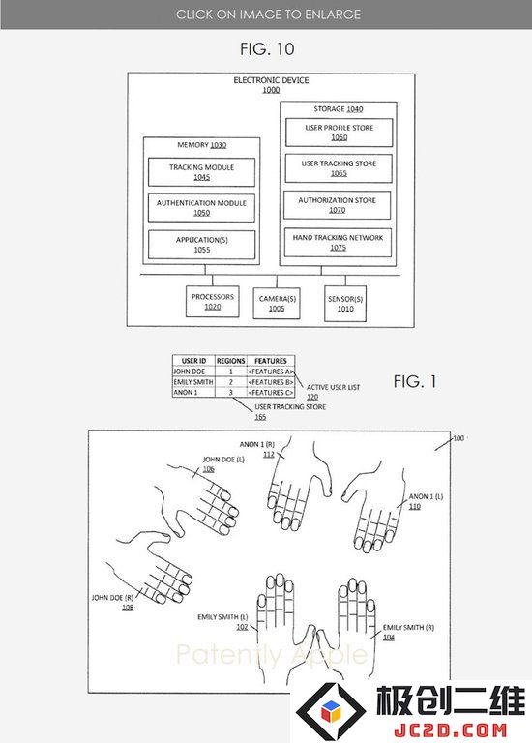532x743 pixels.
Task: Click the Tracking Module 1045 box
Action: [201, 172]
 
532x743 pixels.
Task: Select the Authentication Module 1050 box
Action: [201, 208]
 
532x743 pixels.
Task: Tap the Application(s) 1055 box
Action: [201, 245]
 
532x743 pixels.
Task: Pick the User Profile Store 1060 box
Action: [340, 133]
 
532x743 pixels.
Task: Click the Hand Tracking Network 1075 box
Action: [338, 242]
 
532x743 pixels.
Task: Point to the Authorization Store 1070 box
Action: [338, 205]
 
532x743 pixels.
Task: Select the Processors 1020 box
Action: [212, 302]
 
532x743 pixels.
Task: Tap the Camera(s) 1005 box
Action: [277, 303]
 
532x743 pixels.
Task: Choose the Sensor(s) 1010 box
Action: [345, 303]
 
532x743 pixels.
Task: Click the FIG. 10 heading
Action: [267, 48]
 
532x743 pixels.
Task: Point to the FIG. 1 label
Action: [415, 381]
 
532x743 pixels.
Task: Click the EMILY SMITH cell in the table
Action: [193, 382]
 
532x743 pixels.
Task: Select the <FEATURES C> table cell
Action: [271, 393]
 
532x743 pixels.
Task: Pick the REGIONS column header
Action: [231, 361]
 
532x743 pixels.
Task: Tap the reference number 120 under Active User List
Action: [312, 397]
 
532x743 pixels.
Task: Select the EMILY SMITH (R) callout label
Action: [408, 627]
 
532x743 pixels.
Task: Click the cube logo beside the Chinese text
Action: [331, 710]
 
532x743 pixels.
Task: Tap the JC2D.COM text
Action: [450, 729]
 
